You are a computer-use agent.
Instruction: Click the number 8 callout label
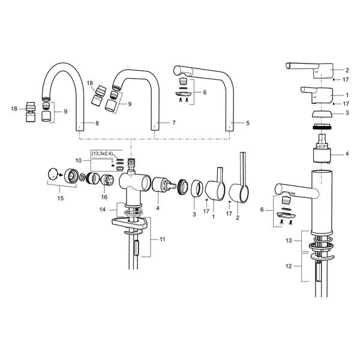(97, 123)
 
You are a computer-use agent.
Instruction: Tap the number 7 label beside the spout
(174, 123)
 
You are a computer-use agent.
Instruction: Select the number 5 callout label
(247, 123)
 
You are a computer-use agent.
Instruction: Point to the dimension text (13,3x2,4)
(102, 154)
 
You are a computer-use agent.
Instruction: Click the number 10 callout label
(79, 160)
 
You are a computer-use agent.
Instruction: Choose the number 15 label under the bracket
(61, 198)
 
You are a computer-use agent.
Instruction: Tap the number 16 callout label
(104, 197)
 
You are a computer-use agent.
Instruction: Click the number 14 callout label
(103, 209)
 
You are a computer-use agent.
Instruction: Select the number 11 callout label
(163, 239)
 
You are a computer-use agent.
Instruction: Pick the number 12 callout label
(289, 266)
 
